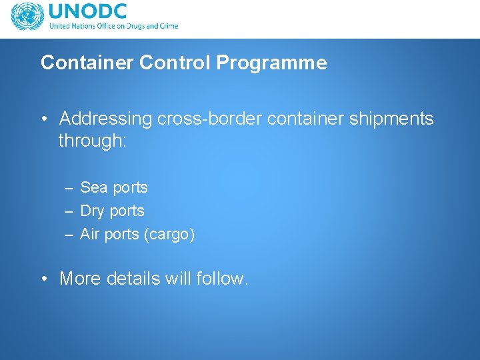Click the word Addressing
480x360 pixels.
tap(106, 119)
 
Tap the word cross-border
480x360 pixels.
tap(209, 119)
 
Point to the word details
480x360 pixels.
tap(135, 279)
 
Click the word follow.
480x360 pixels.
tap(223, 279)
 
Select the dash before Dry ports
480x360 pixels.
tap(69, 211)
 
